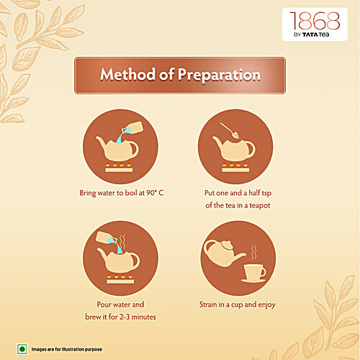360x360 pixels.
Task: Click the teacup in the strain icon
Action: pyautogui.click(x=253, y=272)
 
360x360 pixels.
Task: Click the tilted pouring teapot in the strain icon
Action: pyautogui.click(x=219, y=251)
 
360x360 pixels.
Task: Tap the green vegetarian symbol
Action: pyautogui.click(x=22, y=348)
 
